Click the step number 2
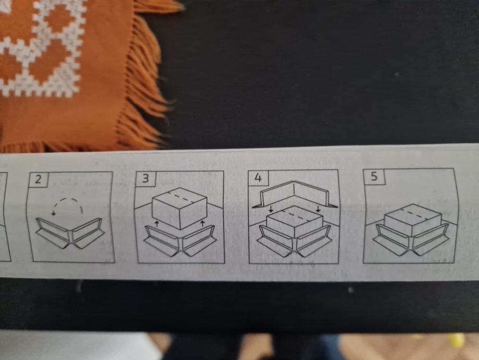pyautogui.click(x=38, y=179)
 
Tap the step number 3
pyautogui.click(x=146, y=178)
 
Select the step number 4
pyautogui.click(x=258, y=177)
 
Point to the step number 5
pyautogui.click(x=374, y=176)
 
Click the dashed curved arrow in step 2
pyautogui.click(x=67, y=199)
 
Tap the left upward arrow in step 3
pyautogui.click(x=157, y=224)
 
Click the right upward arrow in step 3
pyautogui.click(x=202, y=223)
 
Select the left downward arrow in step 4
pyautogui.click(x=271, y=209)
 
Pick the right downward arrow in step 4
pyautogui.click(x=318, y=209)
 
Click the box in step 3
pyautogui.click(x=180, y=208)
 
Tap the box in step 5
pyautogui.click(x=412, y=220)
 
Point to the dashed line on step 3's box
pyautogui.click(x=183, y=198)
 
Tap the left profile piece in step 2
pyautogui.click(x=54, y=233)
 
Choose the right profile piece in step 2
pyautogui.click(x=88, y=233)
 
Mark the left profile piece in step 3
pyautogui.click(x=161, y=242)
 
